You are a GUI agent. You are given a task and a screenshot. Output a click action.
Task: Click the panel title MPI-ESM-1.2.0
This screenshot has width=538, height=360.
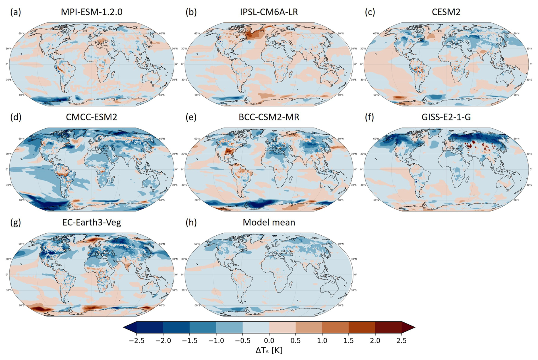(92, 12)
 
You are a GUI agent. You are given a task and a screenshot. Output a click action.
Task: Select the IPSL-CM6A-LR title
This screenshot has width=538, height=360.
(269, 12)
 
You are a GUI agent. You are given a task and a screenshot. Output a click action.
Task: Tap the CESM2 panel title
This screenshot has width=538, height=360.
(446, 12)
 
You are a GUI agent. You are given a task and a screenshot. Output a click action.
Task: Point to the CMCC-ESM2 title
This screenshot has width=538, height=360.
(92, 117)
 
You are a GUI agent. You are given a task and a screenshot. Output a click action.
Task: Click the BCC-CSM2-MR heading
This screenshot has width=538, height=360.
(269, 117)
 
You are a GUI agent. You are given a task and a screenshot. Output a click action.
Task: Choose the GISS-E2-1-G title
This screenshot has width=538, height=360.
(446, 117)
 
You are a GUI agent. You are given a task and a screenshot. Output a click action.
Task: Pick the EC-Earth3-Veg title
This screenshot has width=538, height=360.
(92, 222)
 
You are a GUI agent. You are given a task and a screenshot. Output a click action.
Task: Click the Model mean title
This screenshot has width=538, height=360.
(269, 222)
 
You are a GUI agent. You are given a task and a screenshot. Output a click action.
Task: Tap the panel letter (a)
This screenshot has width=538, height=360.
(16, 12)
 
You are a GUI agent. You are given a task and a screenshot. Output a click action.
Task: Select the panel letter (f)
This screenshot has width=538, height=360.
(370, 117)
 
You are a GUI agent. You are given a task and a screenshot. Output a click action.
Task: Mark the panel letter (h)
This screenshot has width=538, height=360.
(191, 222)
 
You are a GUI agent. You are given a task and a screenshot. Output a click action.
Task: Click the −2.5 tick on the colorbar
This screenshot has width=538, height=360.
(137, 341)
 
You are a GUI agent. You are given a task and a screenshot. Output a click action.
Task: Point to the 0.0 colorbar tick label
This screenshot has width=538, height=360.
(269, 341)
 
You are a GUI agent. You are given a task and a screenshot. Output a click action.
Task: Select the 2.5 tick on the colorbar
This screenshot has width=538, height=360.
(402, 341)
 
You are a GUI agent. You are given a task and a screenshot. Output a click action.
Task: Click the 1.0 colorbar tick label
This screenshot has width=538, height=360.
(322, 341)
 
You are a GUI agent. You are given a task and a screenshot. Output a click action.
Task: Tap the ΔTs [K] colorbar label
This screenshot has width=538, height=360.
(269, 350)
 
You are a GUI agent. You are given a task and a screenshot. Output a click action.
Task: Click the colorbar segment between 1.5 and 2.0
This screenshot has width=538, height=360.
(362, 327)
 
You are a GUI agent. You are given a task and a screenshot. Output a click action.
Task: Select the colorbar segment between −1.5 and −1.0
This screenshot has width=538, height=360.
(203, 327)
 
